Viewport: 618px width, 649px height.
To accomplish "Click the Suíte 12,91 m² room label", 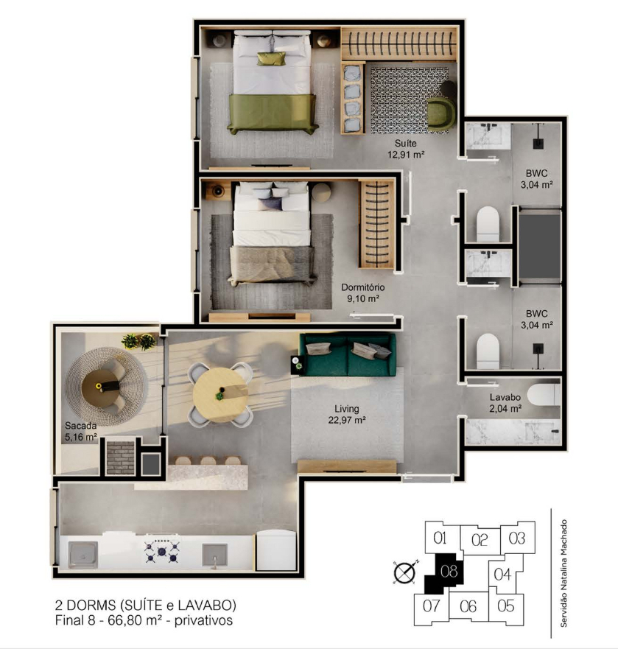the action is point(406,149).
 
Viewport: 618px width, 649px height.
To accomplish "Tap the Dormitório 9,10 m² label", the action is point(363,292).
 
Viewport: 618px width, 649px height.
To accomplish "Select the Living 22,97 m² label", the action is point(346,414).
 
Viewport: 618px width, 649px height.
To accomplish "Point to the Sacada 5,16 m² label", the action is point(81,431).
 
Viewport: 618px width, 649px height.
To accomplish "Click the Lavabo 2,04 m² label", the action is point(505,403).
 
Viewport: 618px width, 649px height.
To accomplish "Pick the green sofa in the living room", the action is point(347,355).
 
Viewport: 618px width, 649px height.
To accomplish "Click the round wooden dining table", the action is point(220,395).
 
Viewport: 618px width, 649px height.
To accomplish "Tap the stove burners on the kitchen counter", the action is point(162,551).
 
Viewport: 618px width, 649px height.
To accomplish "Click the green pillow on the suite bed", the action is point(271,58).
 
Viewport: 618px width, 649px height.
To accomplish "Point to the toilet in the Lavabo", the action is point(544,395).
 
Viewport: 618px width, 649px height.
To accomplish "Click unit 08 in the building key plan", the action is point(449,571).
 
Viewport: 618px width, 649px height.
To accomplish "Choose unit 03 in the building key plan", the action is point(516,538).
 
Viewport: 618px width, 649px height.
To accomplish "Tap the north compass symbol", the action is point(406,573).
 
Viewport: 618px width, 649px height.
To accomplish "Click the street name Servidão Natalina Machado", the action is point(563,573).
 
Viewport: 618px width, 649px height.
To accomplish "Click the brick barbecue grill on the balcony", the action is point(121,457).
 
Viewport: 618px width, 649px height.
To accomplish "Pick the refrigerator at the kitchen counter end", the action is point(276,550).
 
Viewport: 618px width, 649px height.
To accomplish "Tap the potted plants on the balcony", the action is point(139,342).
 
